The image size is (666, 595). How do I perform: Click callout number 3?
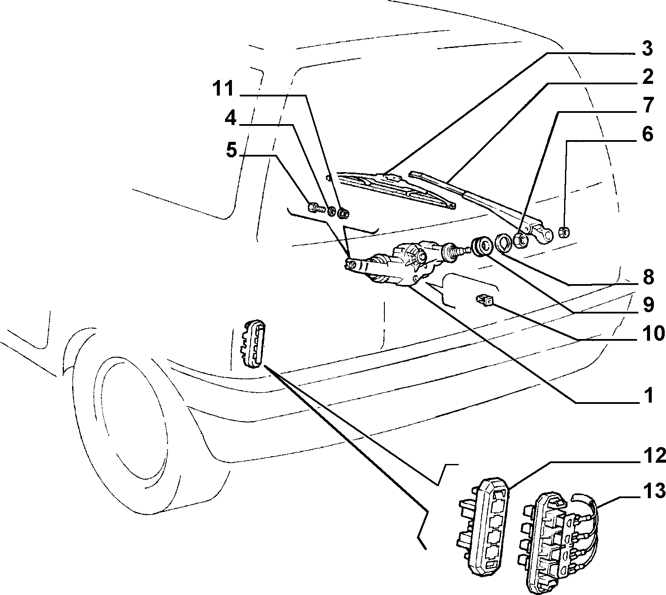(x=647, y=49)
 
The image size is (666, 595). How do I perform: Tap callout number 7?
(x=647, y=106)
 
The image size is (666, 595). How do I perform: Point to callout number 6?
(x=647, y=134)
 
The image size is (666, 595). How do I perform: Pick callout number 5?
(x=232, y=150)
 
